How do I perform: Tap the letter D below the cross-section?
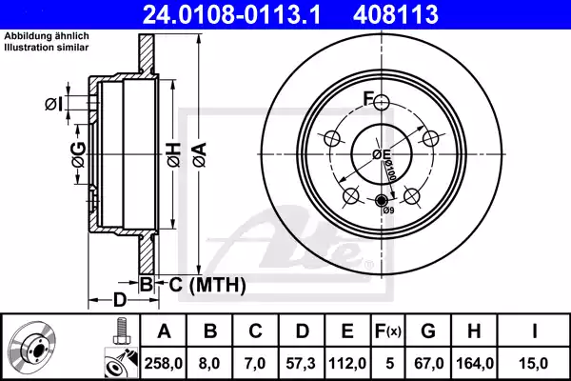(118, 301)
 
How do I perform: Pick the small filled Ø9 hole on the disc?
(383, 201)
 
